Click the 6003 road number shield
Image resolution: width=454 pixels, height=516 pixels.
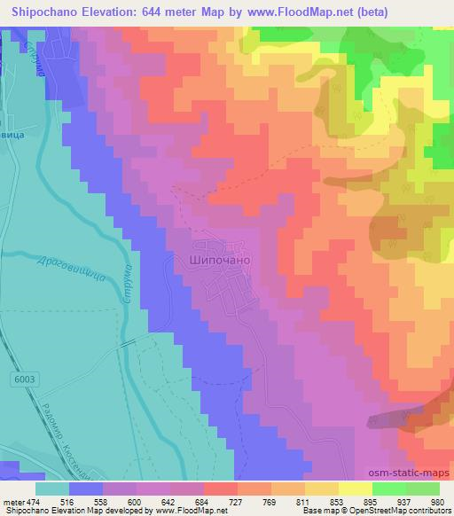(25, 379)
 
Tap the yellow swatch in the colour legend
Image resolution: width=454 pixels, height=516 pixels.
(355, 489)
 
